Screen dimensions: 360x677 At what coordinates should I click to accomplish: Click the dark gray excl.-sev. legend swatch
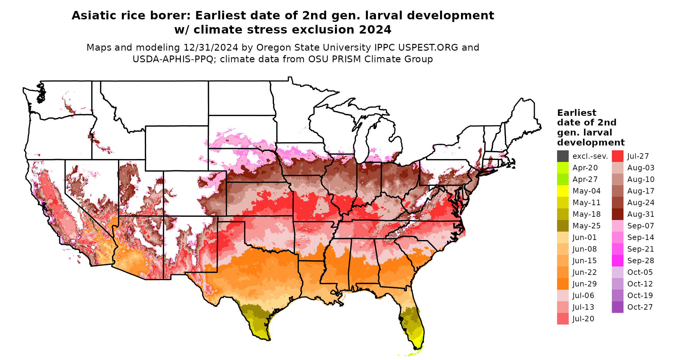pos(563,156)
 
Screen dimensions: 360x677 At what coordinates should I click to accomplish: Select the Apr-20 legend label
pos(585,168)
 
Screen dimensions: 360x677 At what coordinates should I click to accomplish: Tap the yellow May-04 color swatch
pos(563,191)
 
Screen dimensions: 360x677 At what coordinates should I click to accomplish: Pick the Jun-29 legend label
pos(584,284)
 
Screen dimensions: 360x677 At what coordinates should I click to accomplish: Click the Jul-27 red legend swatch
pos(617,156)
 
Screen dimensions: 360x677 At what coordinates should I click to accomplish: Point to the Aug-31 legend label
pos(641,214)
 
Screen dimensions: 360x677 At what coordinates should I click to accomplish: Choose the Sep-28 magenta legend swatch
pos(617,261)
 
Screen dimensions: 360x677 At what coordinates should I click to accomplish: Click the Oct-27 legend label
pos(640,307)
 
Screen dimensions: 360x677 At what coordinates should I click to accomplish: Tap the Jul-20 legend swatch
pos(563,319)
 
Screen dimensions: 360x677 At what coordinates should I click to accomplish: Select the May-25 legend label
pos(586,226)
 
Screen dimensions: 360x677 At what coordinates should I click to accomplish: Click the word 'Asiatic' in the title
pos(94,15)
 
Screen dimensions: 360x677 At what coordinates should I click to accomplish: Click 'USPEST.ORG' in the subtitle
pos(428,47)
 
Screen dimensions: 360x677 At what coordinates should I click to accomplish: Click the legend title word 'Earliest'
pos(576,113)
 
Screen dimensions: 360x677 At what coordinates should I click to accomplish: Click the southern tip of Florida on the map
pos(417,348)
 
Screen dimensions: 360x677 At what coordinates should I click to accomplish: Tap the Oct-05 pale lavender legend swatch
pos(617,272)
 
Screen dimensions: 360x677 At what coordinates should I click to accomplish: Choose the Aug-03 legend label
pos(641,168)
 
